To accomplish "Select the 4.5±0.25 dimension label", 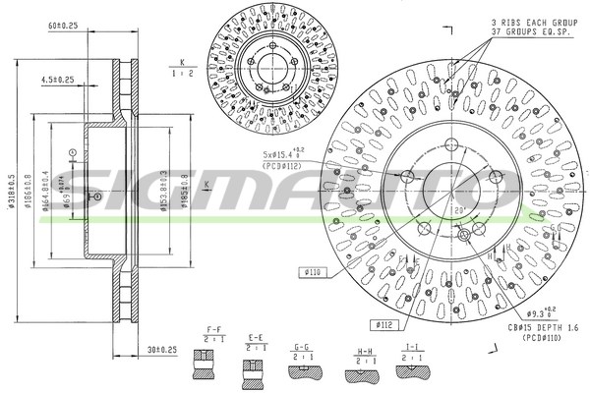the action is (55, 80).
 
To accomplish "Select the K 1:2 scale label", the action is (181, 68).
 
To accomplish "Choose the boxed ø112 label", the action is (385, 323).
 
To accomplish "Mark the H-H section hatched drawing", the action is (356, 372).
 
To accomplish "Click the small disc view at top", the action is (263, 64).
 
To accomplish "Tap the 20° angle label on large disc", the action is (458, 210).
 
